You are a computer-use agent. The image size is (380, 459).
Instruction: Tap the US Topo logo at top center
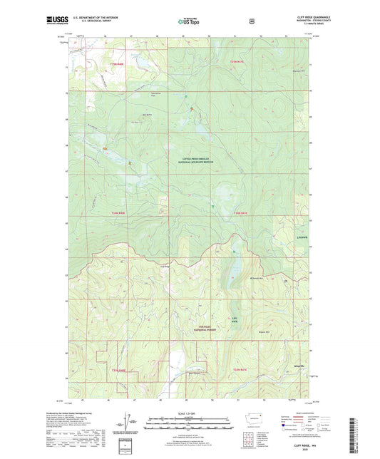[189, 22]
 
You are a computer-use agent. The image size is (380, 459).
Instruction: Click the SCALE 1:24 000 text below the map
[189, 413]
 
